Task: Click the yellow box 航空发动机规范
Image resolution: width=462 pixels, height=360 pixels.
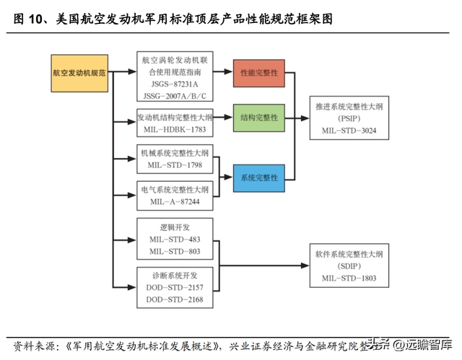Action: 79,73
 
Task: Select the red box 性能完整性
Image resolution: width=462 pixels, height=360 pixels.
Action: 258,73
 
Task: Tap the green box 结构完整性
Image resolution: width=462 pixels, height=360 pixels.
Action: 258,118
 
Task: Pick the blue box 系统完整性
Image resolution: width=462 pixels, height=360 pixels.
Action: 258,177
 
